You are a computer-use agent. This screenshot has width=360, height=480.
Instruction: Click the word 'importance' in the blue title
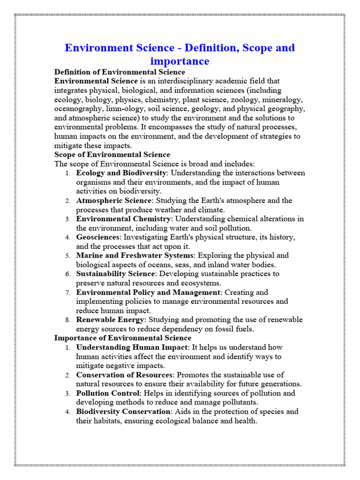tap(180, 61)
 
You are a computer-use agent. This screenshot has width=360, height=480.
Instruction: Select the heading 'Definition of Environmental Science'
tap(120, 72)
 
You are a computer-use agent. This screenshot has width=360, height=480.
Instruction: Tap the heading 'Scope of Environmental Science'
tap(112, 155)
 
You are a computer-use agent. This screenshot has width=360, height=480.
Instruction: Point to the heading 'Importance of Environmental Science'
tap(123, 338)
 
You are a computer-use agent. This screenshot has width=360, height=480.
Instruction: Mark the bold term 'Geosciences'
tap(98, 237)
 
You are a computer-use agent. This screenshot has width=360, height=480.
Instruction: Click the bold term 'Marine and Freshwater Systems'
tap(135, 255)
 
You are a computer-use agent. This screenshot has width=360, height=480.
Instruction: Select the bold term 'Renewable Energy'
tap(110, 320)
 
